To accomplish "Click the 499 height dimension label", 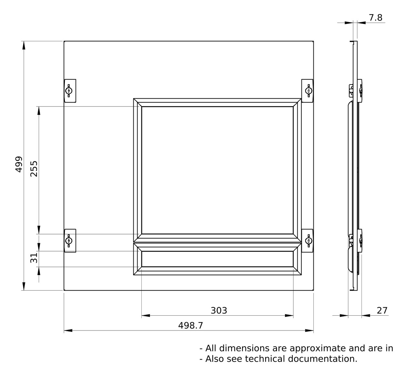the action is point(19,164).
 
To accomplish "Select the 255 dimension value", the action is point(34,169).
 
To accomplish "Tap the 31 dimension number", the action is point(34,258).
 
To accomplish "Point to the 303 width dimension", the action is point(219,311).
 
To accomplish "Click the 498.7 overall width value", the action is point(190,325).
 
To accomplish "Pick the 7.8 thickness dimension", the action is point(375,18).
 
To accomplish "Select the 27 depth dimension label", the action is point(382,311).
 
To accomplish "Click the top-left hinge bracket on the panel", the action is point(70,91).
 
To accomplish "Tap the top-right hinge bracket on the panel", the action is point(307,91).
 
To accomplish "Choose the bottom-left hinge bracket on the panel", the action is point(70,241).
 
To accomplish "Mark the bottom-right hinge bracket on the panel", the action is point(307,241).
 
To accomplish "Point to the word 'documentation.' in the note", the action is point(322,359).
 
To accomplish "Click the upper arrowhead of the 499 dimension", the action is point(24,45).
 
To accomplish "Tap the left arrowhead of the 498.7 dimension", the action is point(68,331).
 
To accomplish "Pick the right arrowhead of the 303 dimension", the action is point(289,315).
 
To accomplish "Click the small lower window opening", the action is point(217,259).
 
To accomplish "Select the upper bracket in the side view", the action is point(356,91).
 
